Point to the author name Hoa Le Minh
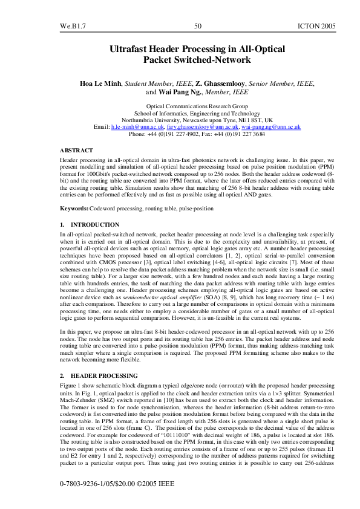[101, 83]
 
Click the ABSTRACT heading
[77, 149]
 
